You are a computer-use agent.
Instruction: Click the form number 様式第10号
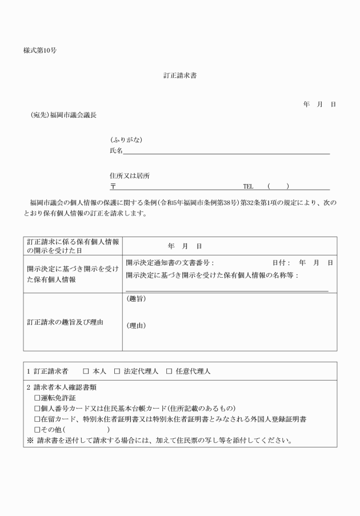click(x=39, y=50)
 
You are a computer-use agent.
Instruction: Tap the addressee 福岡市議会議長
click(x=73, y=115)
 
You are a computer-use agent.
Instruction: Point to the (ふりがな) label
click(x=126, y=140)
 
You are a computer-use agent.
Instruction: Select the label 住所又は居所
click(x=130, y=176)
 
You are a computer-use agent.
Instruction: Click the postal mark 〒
click(x=113, y=186)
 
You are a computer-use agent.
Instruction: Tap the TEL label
click(x=248, y=186)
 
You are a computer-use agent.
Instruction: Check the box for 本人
click(x=86, y=371)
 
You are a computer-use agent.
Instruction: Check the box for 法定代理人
click(x=117, y=371)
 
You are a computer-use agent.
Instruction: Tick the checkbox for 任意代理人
click(x=169, y=371)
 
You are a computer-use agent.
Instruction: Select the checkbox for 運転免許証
click(x=37, y=398)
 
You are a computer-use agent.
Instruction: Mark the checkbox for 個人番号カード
click(x=37, y=408)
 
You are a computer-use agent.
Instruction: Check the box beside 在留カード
click(x=37, y=419)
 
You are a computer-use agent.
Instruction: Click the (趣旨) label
click(x=135, y=298)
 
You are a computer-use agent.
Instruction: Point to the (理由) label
click(x=135, y=326)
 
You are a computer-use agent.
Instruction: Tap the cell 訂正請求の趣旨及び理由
click(x=65, y=322)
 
